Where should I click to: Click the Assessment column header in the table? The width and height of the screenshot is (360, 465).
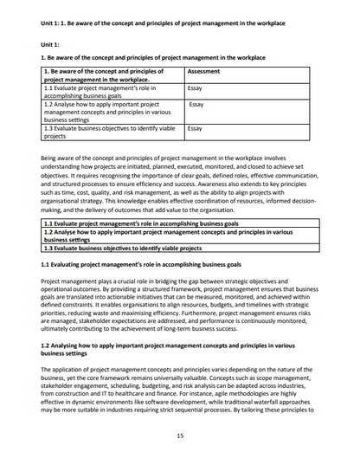click(x=203, y=71)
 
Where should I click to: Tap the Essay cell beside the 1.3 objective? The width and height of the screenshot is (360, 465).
click(x=196, y=127)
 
